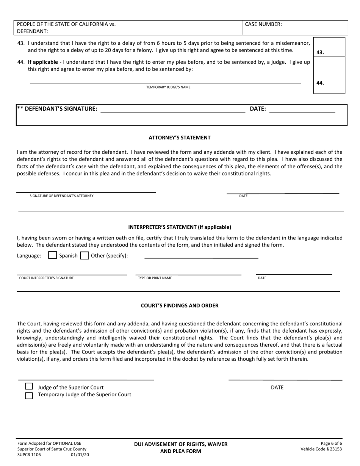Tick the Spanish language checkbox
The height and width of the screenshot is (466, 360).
[53, 255]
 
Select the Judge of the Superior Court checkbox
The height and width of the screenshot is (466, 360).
[29, 386]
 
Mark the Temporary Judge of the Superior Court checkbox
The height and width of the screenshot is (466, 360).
[29, 396]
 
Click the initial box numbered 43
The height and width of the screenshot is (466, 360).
[329, 47]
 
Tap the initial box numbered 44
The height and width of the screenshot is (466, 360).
[329, 75]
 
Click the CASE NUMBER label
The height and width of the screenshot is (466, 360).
[263, 24]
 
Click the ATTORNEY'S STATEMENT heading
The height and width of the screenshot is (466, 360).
[180, 138]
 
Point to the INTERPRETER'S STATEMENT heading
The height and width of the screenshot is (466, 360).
[180, 227]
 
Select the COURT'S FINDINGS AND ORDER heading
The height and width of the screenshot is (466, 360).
[180, 305]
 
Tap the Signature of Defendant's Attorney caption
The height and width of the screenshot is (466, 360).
[61, 196]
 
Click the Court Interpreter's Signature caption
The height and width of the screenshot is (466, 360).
[47, 278]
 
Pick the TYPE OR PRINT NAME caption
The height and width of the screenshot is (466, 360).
[155, 278]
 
